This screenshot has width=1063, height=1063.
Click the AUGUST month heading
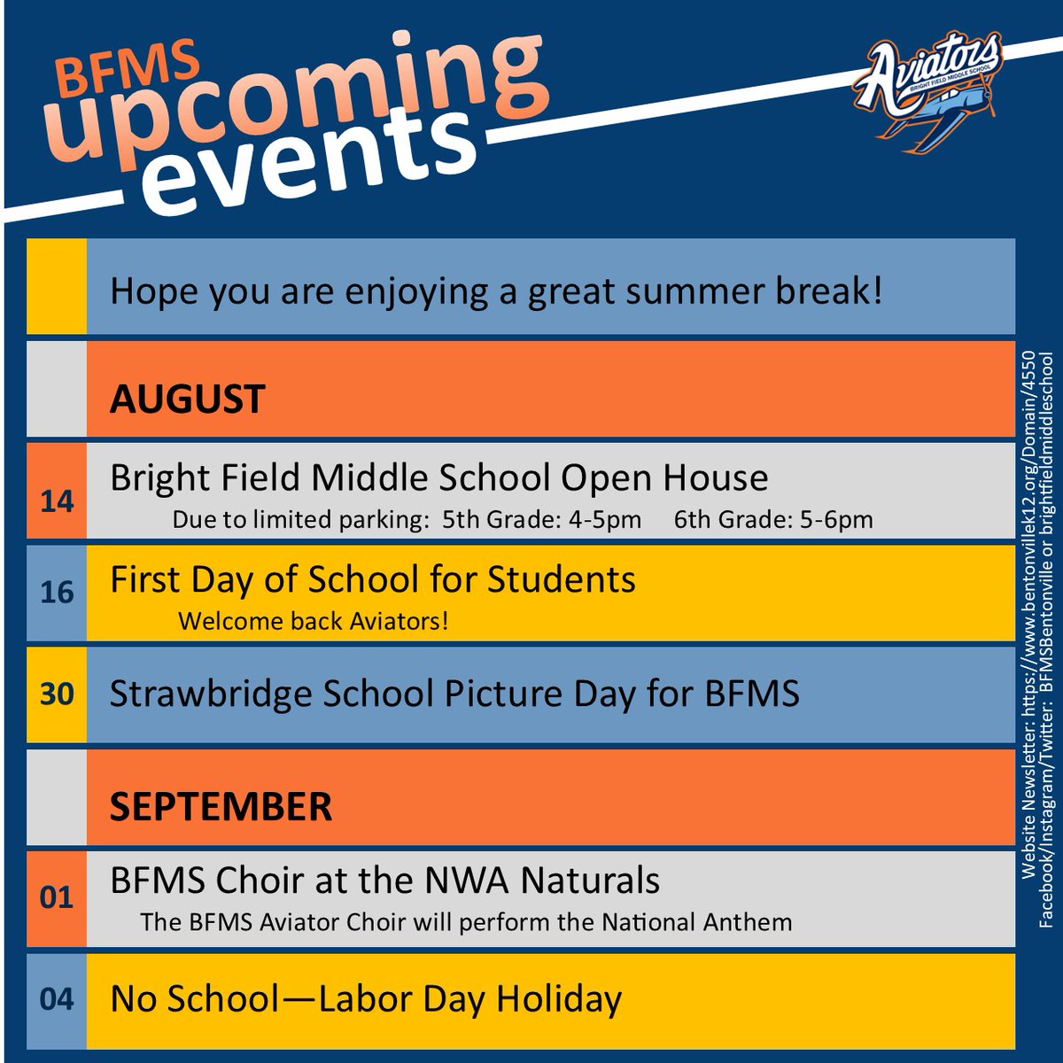(187, 400)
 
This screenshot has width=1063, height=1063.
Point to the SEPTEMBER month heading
(221, 807)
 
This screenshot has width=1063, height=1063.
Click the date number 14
(57, 502)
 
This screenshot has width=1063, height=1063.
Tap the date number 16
(57, 592)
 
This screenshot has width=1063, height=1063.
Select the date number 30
(57, 694)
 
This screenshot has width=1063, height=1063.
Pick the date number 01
(57, 897)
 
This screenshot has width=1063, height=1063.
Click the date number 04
(57, 999)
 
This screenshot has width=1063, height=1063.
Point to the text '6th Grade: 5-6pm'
(773, 520)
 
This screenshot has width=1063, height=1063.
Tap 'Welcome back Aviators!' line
(314, 621)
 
